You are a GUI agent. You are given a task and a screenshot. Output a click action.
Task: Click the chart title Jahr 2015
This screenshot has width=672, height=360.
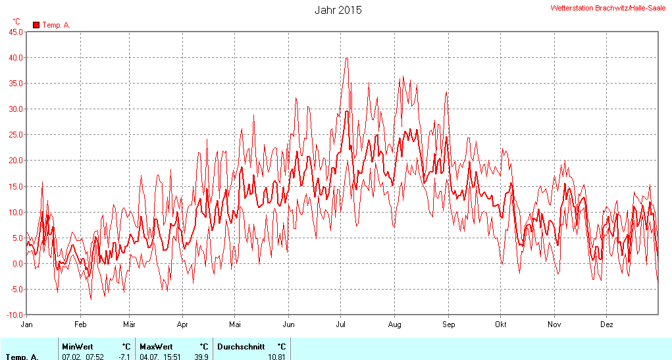[x=338, y=10]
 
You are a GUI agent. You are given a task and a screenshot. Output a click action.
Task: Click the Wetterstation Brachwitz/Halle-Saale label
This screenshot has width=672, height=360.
[x=607, y=8]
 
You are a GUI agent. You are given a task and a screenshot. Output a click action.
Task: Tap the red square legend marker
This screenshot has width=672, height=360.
[x=36, y=25]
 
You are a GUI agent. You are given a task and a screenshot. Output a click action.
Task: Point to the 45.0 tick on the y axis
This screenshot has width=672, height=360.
[x=15, y=32]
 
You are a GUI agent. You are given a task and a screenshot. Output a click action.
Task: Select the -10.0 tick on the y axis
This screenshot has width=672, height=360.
[x=14, y=315]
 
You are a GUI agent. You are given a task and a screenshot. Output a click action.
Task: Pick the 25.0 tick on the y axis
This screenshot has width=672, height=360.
[x=15, y=134]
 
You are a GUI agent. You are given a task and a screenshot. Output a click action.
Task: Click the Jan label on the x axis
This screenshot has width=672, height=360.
[x=27, y=324]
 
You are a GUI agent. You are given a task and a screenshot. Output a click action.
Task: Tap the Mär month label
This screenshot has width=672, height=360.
[x=129, y=324]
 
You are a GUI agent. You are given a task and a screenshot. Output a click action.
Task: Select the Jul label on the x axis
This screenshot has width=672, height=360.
[x=341, y=324]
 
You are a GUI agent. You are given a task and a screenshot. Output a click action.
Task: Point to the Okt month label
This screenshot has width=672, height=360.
[x=501, y=324]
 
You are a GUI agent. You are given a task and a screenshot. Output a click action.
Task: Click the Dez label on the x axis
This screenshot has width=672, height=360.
[x=607, y=324]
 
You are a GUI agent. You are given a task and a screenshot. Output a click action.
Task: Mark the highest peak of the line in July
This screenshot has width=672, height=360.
[x=346, y=58]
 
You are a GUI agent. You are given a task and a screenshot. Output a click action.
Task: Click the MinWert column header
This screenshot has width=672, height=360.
[x=78, y=346]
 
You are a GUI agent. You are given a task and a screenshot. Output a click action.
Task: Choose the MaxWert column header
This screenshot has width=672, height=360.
[x=156, y=346]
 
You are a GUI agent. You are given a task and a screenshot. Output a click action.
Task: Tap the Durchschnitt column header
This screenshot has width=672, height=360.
[x=242, y=346]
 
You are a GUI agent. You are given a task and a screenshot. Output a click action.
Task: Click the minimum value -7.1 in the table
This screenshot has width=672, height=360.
[x=124, y=357]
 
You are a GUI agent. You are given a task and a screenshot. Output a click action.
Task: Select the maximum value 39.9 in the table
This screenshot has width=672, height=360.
[x=201, y=357]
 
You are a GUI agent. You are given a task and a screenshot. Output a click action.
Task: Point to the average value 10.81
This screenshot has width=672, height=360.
[x=276, y=357]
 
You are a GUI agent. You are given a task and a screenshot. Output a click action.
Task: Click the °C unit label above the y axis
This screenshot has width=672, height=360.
[x=16, y=22]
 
